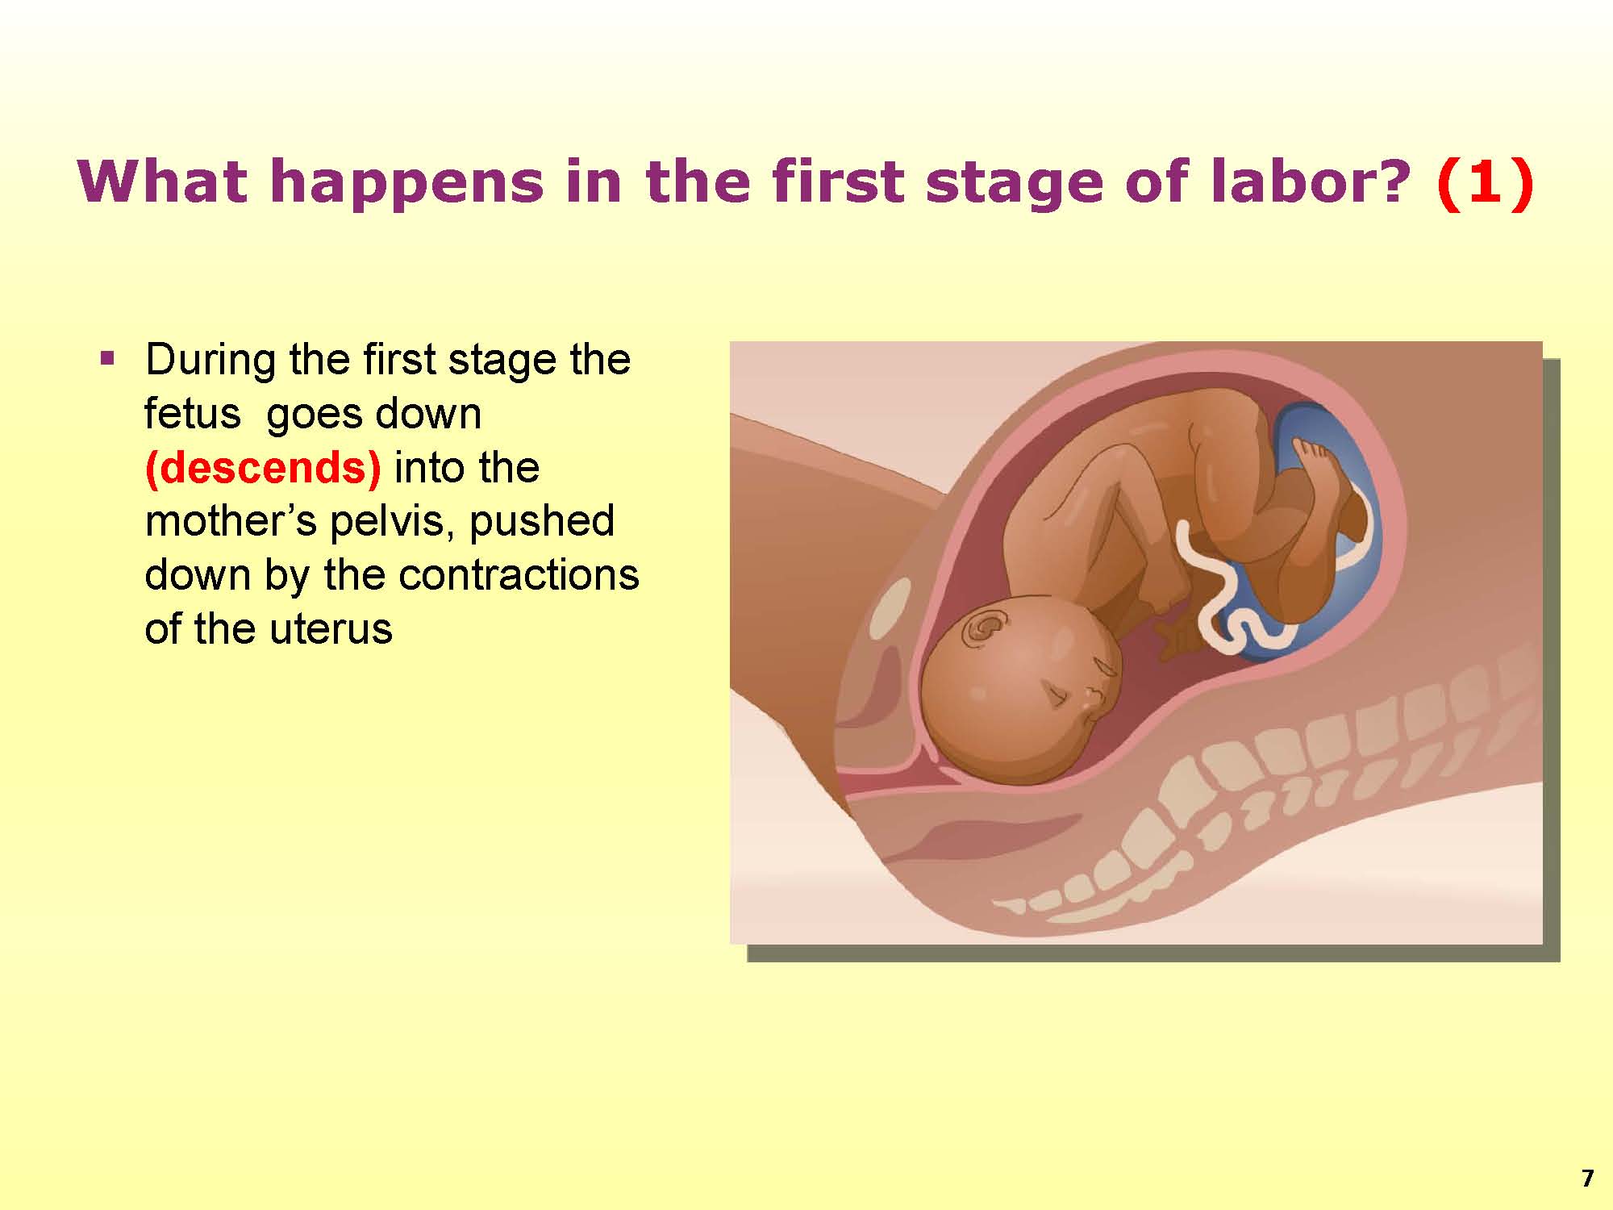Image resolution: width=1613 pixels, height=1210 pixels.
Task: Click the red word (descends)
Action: [x=262, y=469]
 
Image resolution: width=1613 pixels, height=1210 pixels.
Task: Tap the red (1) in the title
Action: [x=1484, y=183]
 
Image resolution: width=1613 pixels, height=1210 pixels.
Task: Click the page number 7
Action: [x=1587, y=1179]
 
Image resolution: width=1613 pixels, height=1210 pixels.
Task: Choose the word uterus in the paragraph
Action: [x=333, y=629]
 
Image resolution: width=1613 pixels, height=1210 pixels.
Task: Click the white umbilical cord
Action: [x=1210, y=589]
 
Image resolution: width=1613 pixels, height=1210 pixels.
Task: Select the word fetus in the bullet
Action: [x=193, y=414]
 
